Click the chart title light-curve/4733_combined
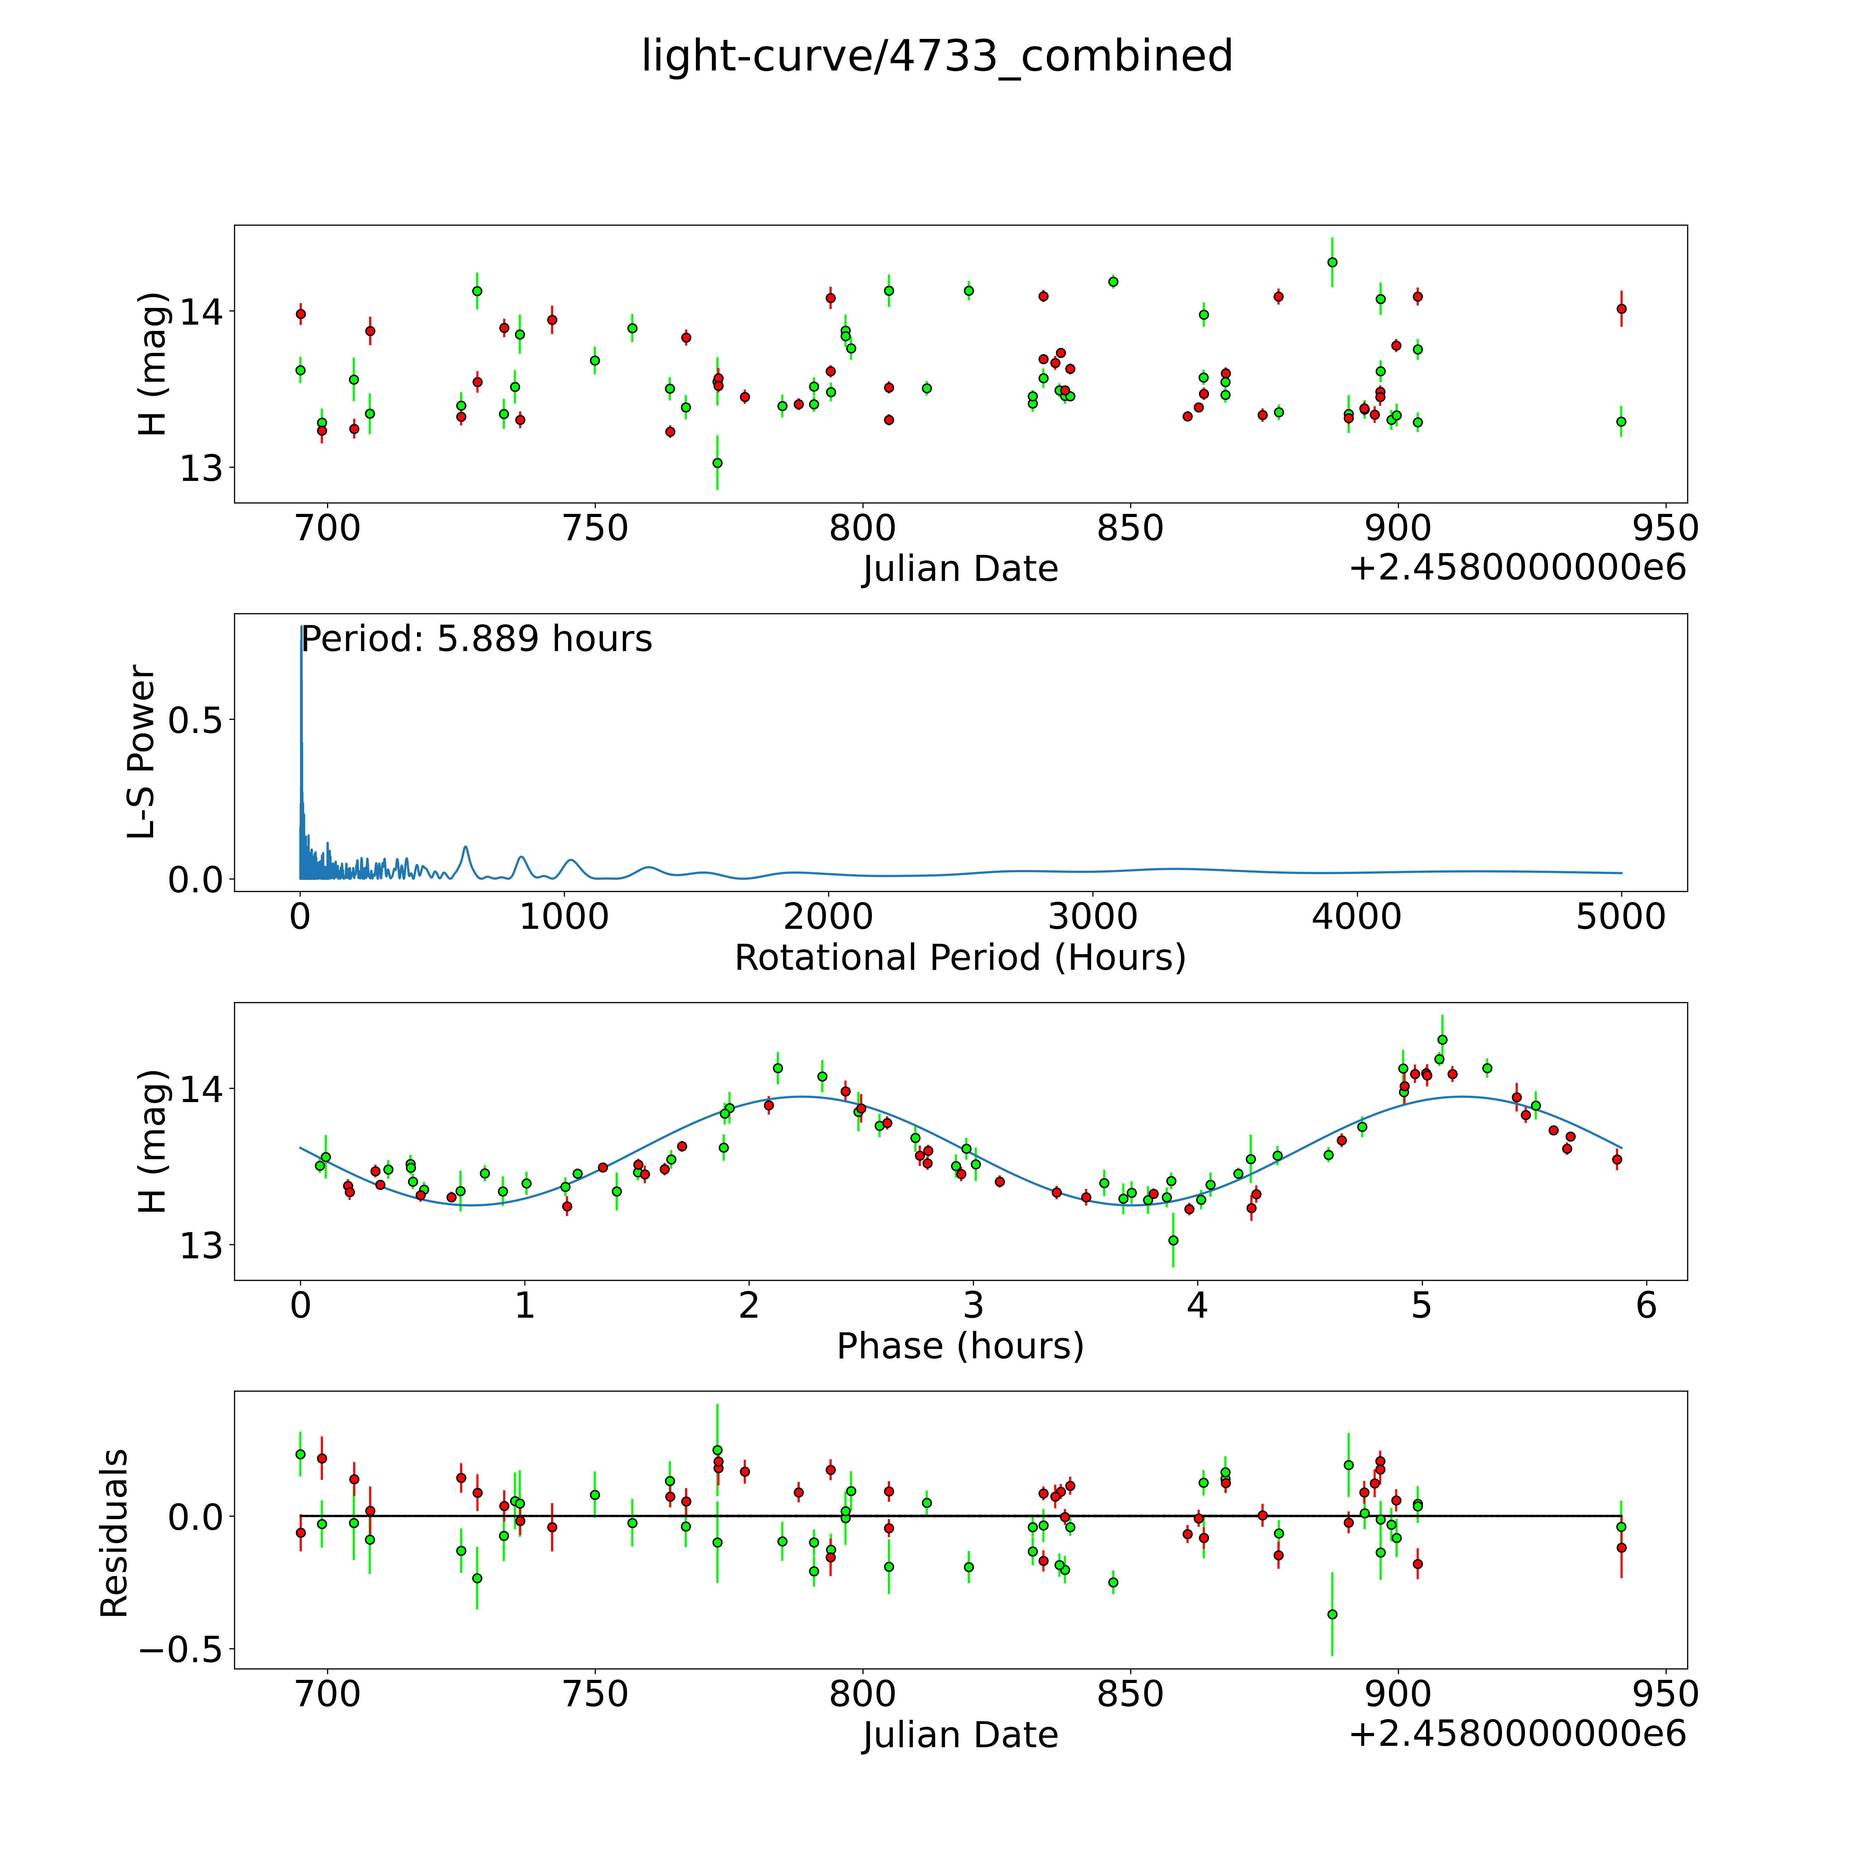(x=936, y=56)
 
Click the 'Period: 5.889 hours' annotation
(x=476, y=640)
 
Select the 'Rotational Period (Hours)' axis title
(x=960, y=958)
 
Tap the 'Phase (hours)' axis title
(x=960, y=1346)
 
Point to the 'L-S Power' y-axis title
(x=142, y=752)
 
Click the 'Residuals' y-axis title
(x=115, y=1533)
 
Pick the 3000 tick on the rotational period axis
(x=1093, y=917)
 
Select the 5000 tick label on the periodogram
(x=1621, y=917)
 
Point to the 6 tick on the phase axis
(x=1646, y=1305)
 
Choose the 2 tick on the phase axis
(x=748, y=1305)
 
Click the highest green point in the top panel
(x=1332, y=262)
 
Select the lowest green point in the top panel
(x=717, y=463)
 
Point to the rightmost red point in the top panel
(x=1621, y=309)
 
